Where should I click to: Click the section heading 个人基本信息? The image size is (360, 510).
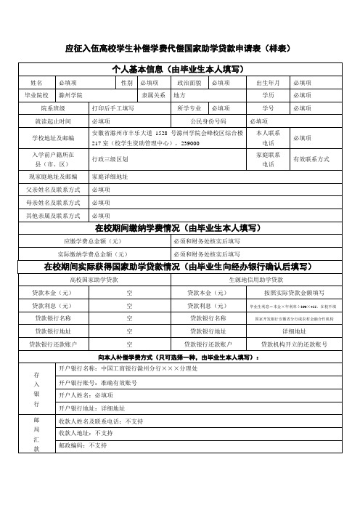pyautogui.click(x=179, y=70)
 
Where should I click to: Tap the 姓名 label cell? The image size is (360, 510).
pyautogui.click(x=37, y=84)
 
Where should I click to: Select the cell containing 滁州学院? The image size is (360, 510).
pyautogui.click(x=70, y=95)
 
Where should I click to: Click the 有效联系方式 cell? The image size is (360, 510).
pyautogui.click(x=311, y=158)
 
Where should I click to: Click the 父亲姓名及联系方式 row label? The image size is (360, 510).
pyautogui.click(x=52, y=190)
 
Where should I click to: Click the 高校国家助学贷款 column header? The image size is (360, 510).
pyautogui.click(x=96, y=280)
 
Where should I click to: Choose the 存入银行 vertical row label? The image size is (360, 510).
pyautogui.click(x=36, y=387)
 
